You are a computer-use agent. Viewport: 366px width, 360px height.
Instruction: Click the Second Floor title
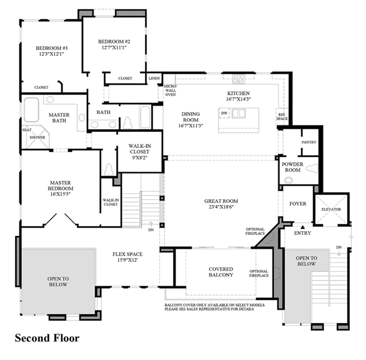(x=47, y=338)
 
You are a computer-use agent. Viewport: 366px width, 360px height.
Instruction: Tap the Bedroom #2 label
(x=114, y=42)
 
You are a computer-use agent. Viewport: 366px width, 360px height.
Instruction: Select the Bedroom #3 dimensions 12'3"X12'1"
(x=51, y=54)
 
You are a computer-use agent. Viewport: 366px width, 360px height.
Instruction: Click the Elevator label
(x=331, y=209)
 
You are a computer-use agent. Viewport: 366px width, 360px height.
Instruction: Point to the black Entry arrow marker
(x=303, y=227)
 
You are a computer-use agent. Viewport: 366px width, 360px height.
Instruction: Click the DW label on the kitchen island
(x=224, y=113)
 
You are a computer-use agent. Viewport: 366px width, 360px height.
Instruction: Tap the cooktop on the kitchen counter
(x=238, y=79)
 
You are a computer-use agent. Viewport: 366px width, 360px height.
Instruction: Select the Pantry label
(x=309, y=142)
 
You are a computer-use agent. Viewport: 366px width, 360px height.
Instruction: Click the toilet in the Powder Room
(x=312, y=168)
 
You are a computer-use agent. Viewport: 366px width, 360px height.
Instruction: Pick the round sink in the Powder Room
(x=288, y=180)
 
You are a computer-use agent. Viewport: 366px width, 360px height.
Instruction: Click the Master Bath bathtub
(x=31, y=110)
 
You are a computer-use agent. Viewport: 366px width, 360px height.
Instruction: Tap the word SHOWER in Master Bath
(x=37, y=137)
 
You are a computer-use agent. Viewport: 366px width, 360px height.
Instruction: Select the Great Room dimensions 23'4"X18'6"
(x=221, y=207)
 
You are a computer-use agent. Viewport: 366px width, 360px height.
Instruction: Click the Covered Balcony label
(x=221, y=272)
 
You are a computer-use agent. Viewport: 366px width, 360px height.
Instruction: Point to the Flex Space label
(x=128, y=254)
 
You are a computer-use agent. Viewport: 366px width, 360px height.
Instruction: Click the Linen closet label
(x=154, y=78)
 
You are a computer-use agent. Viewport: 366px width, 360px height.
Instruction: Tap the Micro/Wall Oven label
(x=170, y=90)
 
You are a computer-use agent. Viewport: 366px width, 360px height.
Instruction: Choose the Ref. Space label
(x=282, y=117)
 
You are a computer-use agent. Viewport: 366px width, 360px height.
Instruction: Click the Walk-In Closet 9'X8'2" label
(x=140, y=152)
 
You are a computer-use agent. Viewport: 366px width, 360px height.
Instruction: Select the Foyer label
(x=297, y=204)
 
